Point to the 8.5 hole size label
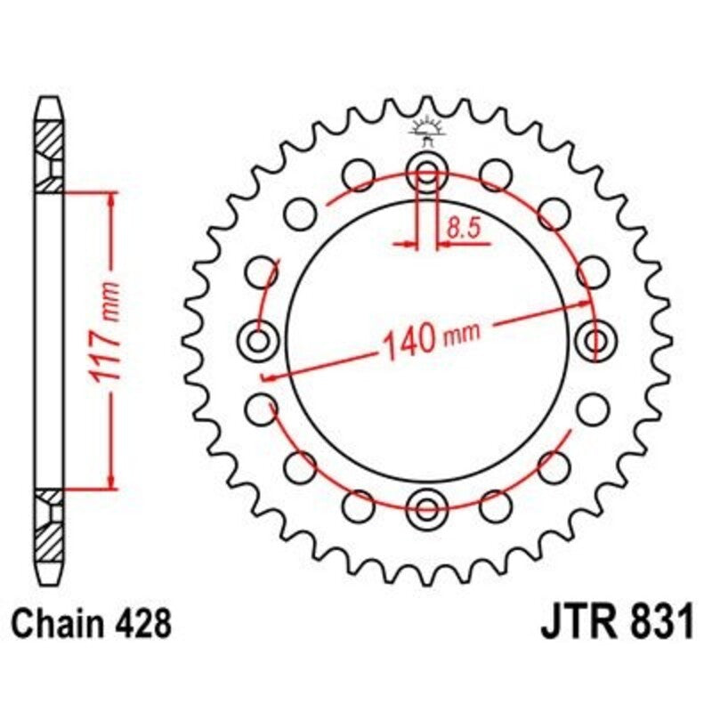pos(463,229)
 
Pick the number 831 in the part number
pos(659,622)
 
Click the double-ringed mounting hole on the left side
pos(259,340)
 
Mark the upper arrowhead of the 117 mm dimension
pos(111,198)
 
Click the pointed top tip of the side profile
pos(50,100)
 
